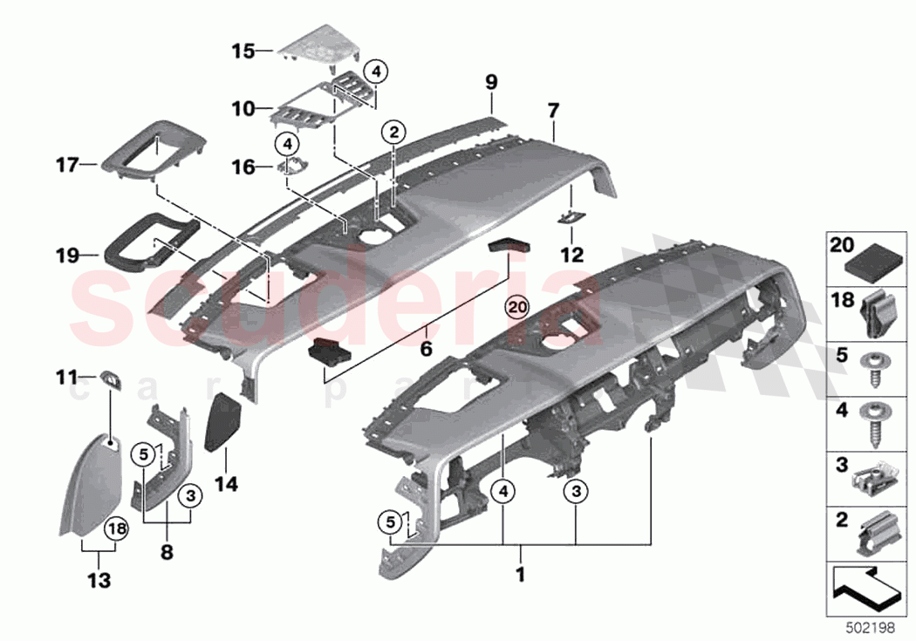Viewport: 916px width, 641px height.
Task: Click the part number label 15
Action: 242,51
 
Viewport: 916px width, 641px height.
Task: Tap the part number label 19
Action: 67,256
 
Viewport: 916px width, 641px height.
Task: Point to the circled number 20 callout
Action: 517,307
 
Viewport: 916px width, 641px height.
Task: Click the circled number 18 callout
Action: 116,528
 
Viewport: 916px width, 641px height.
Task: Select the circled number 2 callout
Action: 394,133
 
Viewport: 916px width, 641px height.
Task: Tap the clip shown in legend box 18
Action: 877,311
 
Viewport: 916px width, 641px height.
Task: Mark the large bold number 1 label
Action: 521,576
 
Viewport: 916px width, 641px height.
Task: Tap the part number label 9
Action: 491,83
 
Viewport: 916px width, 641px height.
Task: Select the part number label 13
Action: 99,580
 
